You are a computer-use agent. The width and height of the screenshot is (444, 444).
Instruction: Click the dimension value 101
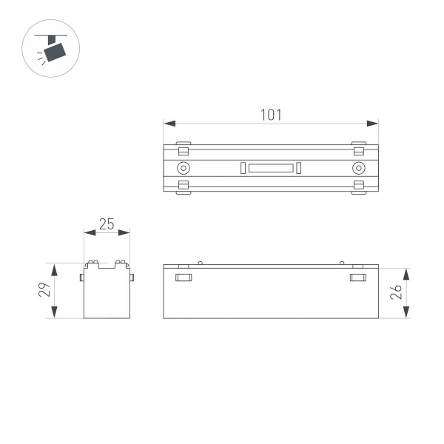point(271,115)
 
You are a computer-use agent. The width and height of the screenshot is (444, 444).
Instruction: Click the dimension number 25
point(107,224)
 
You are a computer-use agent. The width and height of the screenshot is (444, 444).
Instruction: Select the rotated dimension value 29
point(44,289)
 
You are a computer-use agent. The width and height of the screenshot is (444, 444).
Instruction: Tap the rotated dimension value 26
point(396,292)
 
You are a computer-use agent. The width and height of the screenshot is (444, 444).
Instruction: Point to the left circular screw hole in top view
point(183,168)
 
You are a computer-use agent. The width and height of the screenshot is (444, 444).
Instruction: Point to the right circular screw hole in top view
point(358,168)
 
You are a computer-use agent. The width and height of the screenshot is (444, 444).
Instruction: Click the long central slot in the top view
point(270,168)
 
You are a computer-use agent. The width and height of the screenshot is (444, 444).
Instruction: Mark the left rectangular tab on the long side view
point(184,277)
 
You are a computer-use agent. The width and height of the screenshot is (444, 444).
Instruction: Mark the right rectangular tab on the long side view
point(358,277)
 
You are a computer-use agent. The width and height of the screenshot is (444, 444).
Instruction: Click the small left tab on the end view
point(81,277)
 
